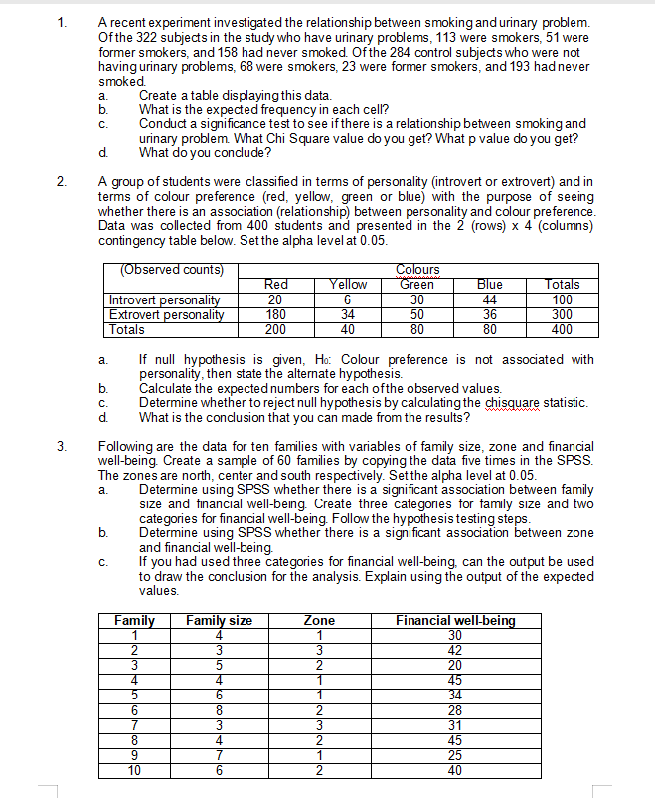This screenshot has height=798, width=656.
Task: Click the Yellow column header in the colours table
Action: (x=348, y=284)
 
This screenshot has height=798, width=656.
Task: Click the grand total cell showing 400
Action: (x=561, y=329)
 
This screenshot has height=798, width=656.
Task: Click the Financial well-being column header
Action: (x=455, y=621)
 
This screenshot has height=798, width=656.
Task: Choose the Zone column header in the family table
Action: (x=319, y=621)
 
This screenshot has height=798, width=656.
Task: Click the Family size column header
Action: (x=219, y=621)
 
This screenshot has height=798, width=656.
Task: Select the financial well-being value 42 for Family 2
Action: (x=455, y=651)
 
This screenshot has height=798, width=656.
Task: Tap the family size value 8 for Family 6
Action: (x=219, y=710)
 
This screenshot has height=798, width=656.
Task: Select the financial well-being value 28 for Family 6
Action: (x=455, y=710)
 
